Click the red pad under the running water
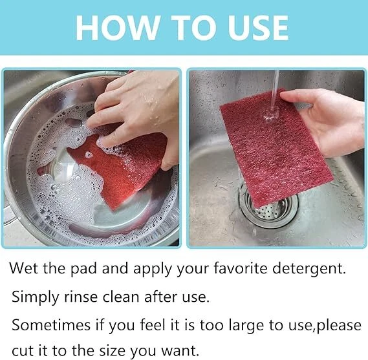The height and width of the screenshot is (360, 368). (276, 149)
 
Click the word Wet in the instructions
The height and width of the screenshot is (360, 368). (23, 268)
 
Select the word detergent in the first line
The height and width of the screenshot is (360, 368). (309, 269)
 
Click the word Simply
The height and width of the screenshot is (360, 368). (35, 297)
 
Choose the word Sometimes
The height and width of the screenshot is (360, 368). (51, 325)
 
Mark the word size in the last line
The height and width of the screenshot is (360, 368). (112, 351)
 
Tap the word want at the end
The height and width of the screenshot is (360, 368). (179, 351)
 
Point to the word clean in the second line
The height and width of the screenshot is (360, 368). (121, 297)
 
